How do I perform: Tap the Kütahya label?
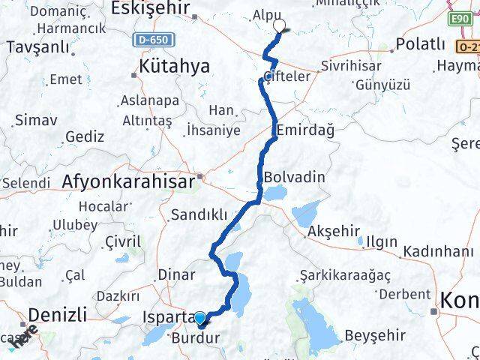tap(174, 67)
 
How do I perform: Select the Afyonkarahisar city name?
tap(129, 181)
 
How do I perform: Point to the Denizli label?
tap(58, 313)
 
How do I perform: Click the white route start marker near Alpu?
tap(280, 26)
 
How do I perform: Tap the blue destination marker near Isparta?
tap(200, 319)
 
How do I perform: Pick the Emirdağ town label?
tap(304, 130)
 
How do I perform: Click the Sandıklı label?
tap(199, 215)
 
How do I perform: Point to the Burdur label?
tap(196, 338)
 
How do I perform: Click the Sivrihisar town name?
tap(351, 65)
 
